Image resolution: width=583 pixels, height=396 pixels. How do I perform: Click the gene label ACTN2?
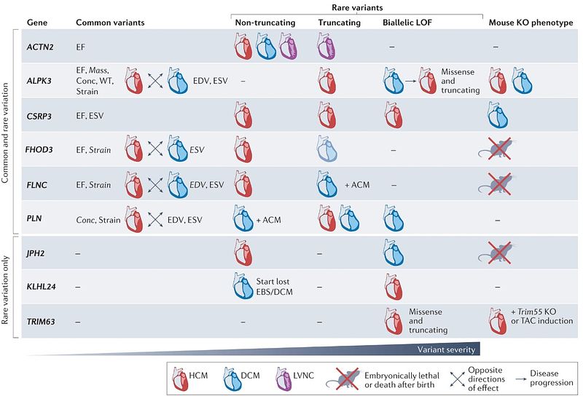point(40,47)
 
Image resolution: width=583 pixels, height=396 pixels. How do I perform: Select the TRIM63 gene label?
point(41,321)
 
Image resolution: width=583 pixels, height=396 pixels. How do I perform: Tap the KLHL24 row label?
point(42,286)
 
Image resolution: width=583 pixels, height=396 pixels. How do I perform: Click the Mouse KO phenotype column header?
point(531,23)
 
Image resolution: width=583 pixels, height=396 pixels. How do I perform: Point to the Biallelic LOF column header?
point(407,23)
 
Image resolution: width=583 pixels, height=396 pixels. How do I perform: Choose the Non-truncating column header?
point(265,23)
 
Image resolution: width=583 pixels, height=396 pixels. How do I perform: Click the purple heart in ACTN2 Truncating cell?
point(326,46)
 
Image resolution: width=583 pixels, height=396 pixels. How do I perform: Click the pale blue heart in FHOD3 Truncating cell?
point(327,148)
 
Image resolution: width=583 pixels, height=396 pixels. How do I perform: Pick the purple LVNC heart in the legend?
point(283,379)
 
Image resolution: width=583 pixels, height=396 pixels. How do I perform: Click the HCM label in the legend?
point(198,376)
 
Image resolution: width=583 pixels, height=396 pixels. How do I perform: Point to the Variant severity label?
point(446,349)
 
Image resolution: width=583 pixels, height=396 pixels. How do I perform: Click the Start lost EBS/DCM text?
point(274,287)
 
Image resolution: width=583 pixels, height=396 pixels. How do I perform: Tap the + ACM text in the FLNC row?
point(357,185)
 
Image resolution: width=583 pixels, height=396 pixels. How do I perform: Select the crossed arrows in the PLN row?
point(155,220)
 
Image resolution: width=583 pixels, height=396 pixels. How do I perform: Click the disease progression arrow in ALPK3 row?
point(410,80)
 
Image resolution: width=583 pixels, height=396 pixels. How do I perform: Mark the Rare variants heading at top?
point(357,7)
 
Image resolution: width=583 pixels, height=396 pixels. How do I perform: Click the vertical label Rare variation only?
point(5,290)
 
